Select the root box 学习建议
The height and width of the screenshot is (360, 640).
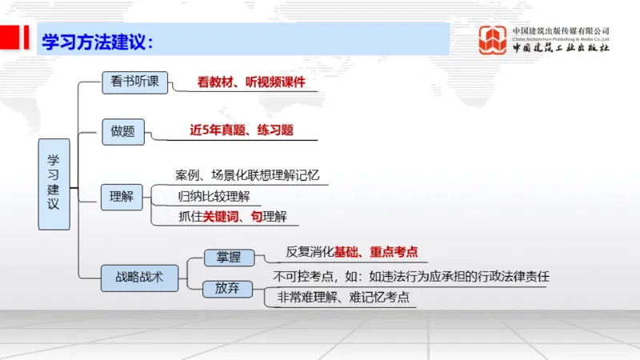54,184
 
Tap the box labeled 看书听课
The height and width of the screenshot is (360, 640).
134,82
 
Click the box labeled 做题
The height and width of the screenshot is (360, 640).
123,132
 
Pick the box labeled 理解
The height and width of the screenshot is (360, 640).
122,196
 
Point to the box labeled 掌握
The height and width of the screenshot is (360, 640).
229,257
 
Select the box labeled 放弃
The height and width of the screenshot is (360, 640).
227,288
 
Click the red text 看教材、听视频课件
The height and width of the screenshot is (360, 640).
251,82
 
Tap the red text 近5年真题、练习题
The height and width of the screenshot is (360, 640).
241,130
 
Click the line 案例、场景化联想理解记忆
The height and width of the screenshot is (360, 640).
252,174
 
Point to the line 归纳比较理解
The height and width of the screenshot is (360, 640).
219,195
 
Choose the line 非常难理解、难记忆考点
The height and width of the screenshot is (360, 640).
343,297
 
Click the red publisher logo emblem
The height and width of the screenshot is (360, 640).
493,40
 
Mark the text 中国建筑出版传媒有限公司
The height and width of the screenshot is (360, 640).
562,30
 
